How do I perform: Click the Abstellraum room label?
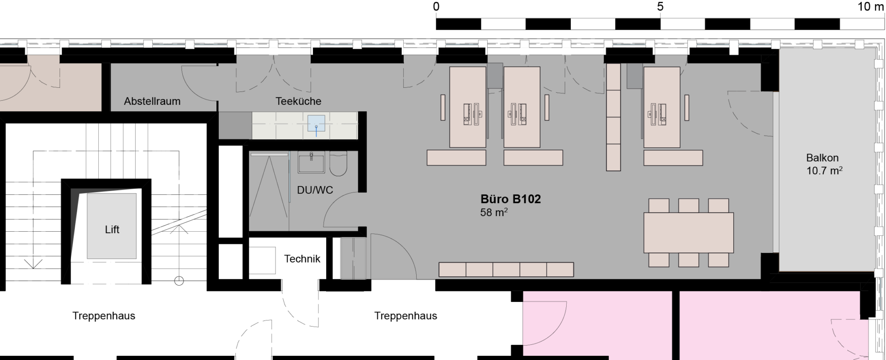[152, 102]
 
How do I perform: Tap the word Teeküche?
[298, 101]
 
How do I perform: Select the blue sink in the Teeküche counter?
[317, 124]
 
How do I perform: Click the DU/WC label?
[315, 190]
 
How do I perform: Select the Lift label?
[112, 229]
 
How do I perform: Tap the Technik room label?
[302, 259]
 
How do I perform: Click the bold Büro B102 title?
[511, 199]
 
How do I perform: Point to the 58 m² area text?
[494, 212]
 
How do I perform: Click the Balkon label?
[822, 158]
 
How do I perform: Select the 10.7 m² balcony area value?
[825, 171]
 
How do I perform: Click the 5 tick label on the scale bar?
[660, 7]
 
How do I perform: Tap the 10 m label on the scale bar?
[871, 7]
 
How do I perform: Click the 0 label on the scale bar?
[436, 7]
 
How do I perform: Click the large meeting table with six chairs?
[688, 233]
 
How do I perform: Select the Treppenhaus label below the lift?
[104, 316]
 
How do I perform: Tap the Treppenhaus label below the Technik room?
[406, 316]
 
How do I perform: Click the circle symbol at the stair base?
[179, 281]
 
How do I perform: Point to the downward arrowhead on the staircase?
[33, 264]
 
